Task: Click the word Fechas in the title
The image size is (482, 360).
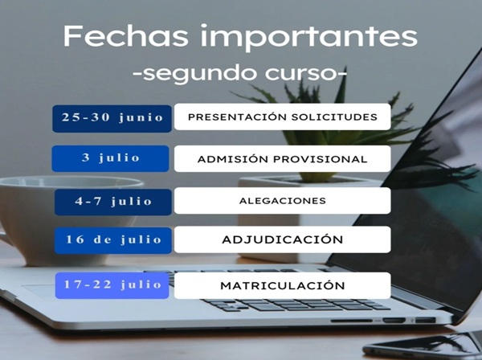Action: [125, 35]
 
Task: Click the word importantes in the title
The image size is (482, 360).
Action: [309, 38]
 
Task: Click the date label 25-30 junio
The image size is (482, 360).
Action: [112, 117]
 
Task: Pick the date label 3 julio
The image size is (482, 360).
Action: [111, 157]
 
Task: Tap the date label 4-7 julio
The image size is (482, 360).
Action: [113, 202]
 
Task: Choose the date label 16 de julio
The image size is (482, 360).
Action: [113, 239]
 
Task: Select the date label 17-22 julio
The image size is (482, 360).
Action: [112, 284]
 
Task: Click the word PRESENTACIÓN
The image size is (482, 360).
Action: [237, 117]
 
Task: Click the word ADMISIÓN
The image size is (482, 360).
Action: [232, 158]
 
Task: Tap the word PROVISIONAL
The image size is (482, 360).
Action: [320, 159]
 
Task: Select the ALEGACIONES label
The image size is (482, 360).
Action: [282, 201]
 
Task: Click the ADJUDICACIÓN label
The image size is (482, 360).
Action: [282, 239]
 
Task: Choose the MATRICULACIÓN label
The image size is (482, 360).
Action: [282, 285]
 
